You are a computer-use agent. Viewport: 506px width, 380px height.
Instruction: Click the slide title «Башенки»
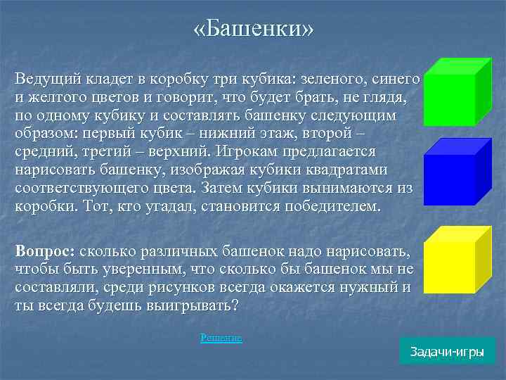click(253, 30)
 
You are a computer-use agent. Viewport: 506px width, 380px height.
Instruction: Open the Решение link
click(221, 338)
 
